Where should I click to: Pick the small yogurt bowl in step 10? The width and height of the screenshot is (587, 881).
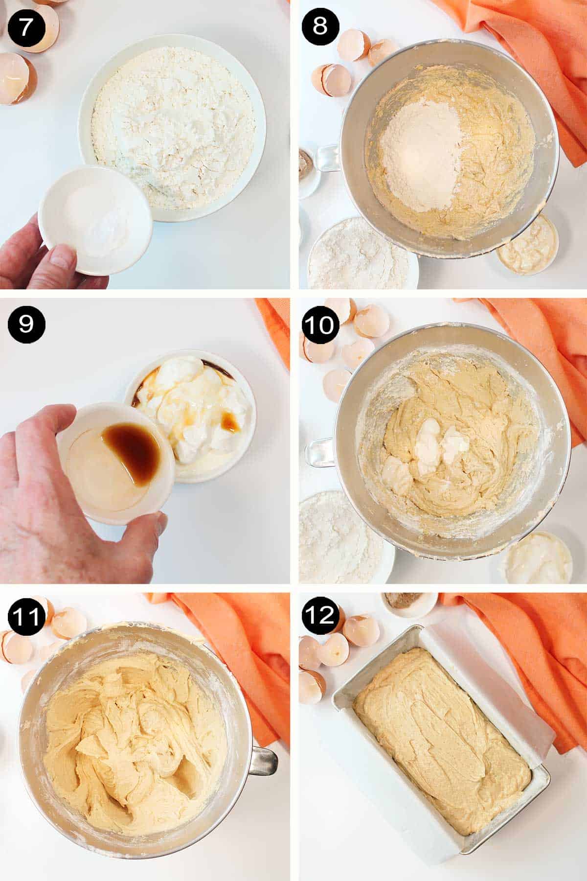click(x=531, y=558)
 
